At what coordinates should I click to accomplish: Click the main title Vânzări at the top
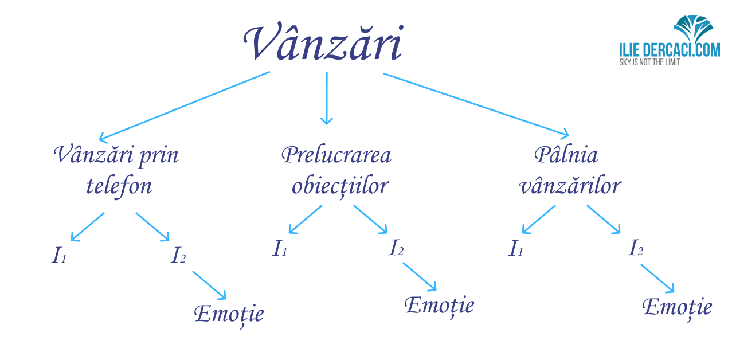(x=323, y=42)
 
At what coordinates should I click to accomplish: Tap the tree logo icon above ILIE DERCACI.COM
(x=694, y=30)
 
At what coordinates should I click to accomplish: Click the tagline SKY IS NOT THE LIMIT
(x=649, y=62)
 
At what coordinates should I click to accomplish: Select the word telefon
(x=119, y=186)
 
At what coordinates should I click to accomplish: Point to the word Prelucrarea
(x=336, y=155)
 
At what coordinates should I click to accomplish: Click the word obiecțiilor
(x=340, y=186)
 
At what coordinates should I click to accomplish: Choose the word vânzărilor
(x=570, y=186)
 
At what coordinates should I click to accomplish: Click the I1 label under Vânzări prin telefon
(x=59, y=255)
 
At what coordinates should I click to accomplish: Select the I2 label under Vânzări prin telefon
(x=178, y=255)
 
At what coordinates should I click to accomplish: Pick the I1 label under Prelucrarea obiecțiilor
(x=279, y=248)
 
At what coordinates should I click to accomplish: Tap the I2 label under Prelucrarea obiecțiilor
(x=396, y=247)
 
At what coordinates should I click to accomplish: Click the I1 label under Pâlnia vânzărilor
(x=516, y=248)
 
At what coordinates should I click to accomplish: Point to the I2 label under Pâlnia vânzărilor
(x=635, y=247)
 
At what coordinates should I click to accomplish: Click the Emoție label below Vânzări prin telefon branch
(x=229, y=314)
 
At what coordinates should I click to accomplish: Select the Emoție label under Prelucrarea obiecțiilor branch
(x=439, y=306)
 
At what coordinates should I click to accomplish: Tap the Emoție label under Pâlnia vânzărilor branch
(x=677, y=308)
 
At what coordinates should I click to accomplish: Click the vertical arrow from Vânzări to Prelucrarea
(x=327, y=98)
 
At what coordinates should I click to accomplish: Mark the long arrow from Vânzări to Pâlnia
(x=476, y=104)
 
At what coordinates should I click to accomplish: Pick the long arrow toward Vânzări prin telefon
(x=185, y=107)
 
